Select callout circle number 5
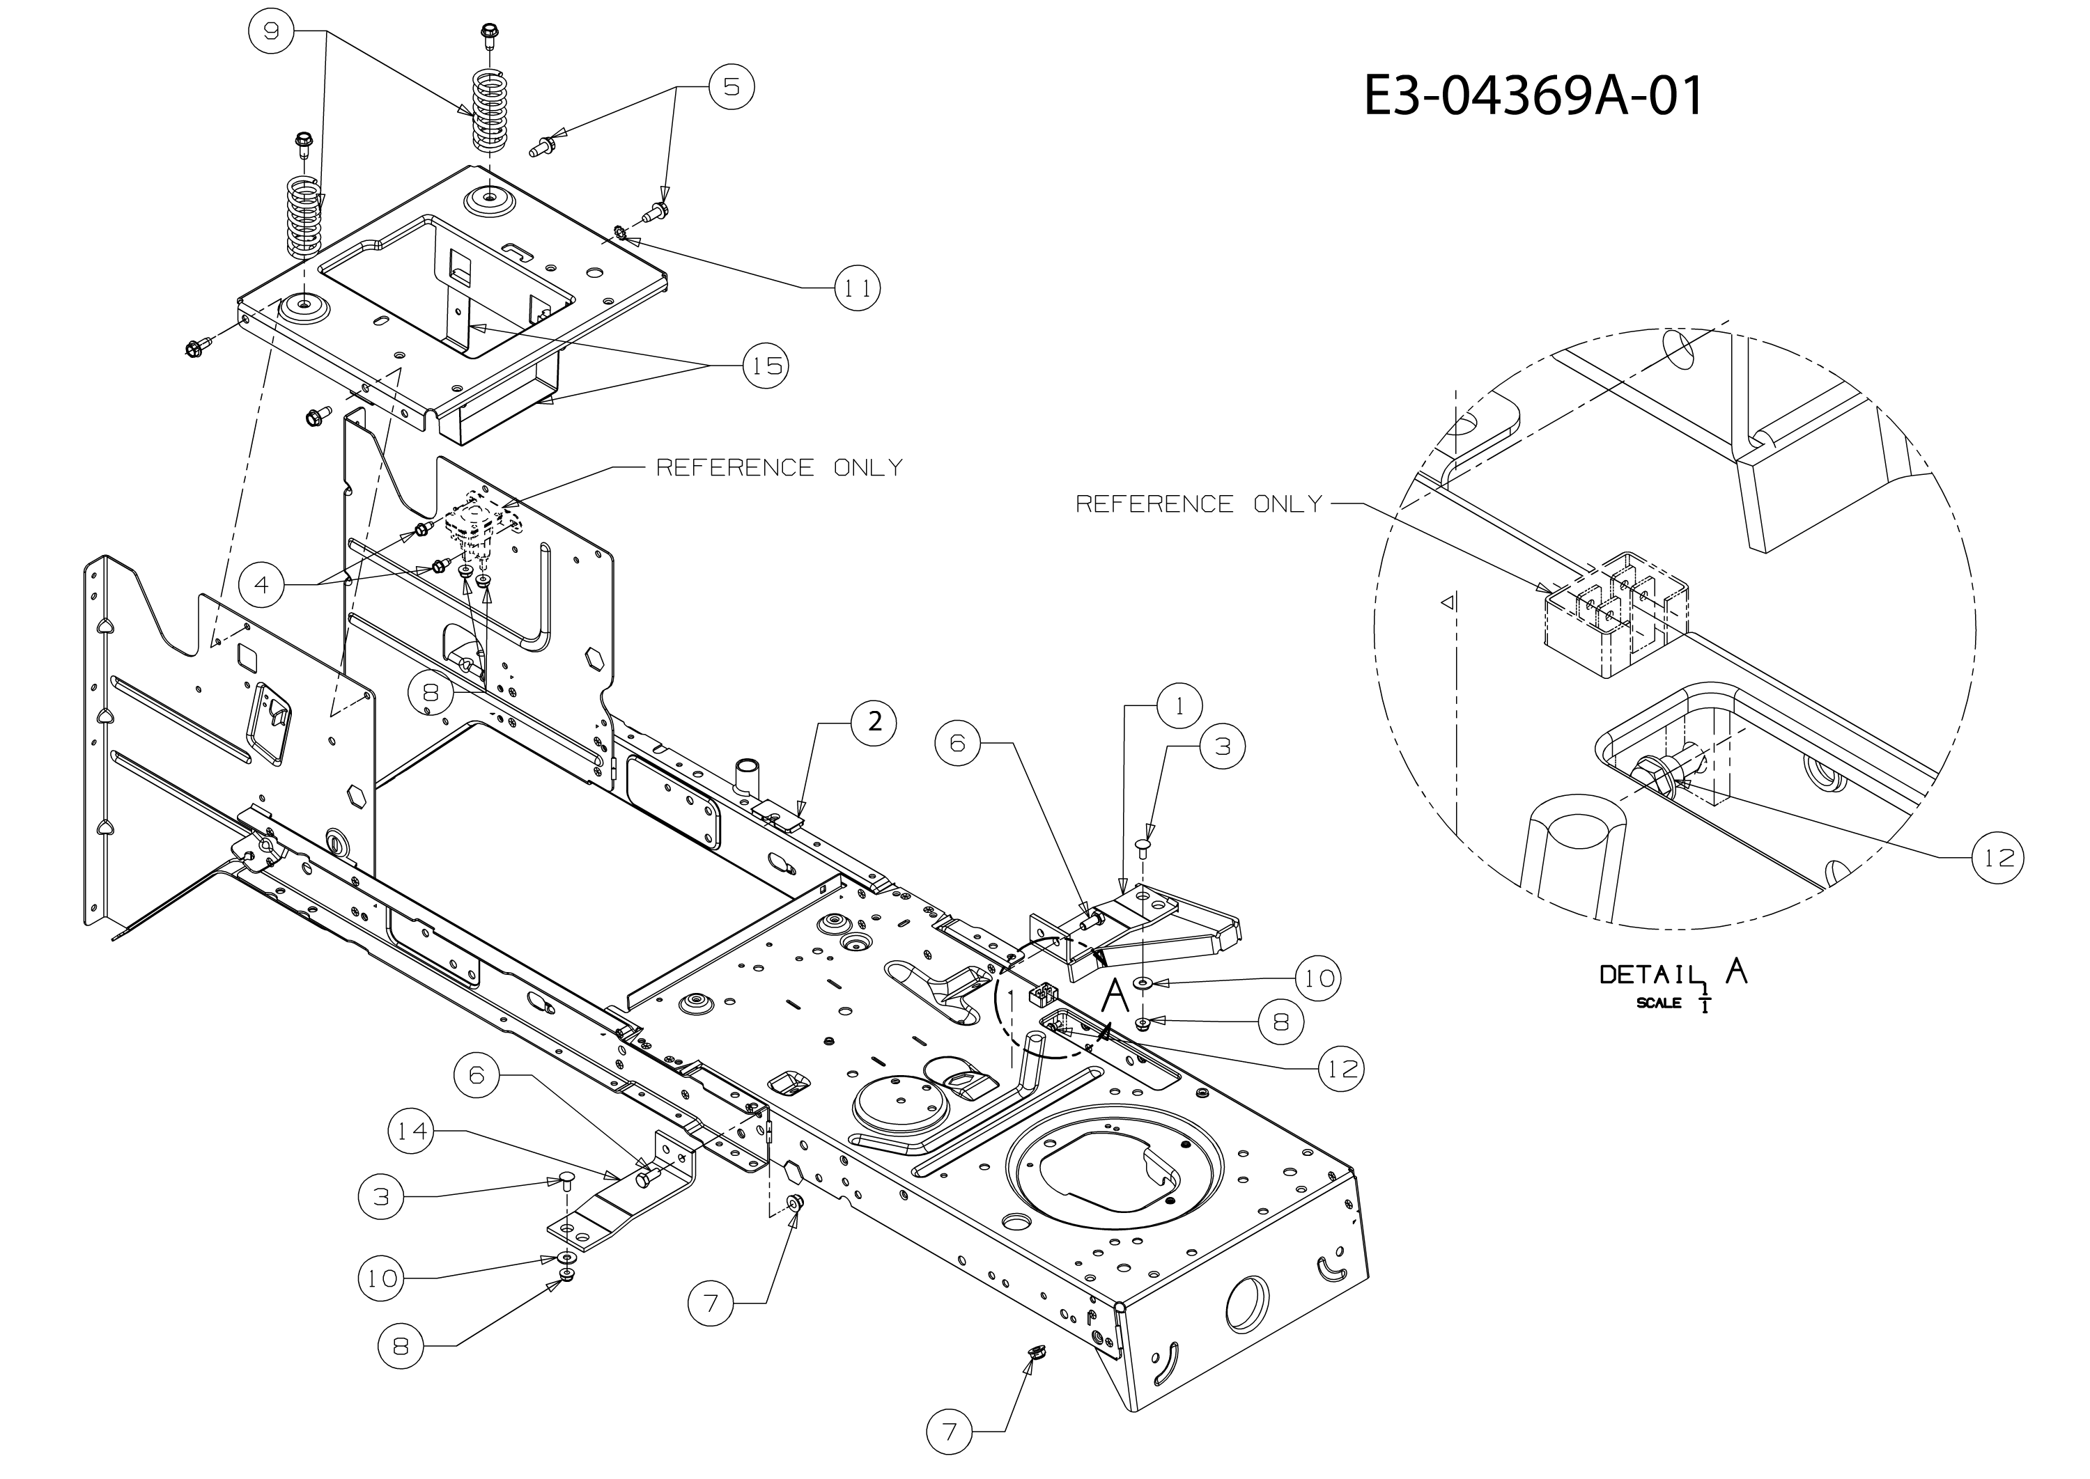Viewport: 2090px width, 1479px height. click(x=731, y=86)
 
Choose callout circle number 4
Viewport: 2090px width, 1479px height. click(x=263, y=585)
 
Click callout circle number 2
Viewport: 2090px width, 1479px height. click(x=874, y=722)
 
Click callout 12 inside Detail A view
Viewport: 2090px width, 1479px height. click(x=1998, y=857)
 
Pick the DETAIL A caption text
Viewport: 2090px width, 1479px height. click(x=1673, y=981)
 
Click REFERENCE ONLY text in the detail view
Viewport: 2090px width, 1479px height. click(x=1198, y=503)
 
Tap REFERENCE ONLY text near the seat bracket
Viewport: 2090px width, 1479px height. click(x=779, y=467)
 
